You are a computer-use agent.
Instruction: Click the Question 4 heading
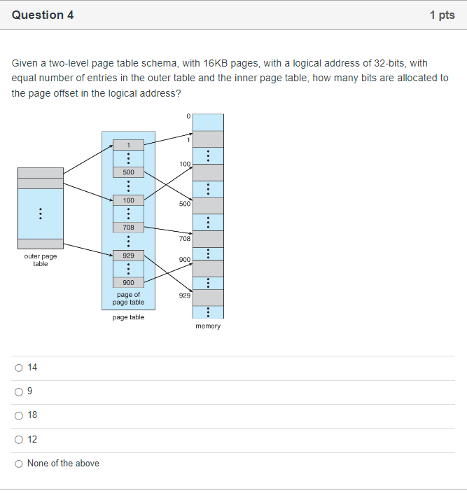(43, 15)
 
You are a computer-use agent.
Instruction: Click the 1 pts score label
(442, 15)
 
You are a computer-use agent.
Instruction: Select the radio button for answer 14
(18, 368)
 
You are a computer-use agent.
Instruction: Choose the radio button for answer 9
(18, 391)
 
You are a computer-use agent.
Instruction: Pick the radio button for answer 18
(18, 415)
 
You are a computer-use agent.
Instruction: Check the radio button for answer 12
(18, 439)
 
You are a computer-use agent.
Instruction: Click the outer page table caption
(41, 260)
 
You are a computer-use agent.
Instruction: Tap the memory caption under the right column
(208, 326)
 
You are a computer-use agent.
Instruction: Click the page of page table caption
(128, 298)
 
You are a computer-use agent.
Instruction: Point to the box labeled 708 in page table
(128, 228)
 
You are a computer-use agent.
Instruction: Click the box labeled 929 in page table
(128, 256)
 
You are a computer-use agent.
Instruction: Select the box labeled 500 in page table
(128, 172)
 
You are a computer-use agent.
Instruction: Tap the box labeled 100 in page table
(128, 200)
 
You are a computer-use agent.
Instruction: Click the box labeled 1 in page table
(128, 144)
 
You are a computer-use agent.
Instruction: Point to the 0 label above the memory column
(188, 117)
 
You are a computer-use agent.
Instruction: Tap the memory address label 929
(184, 296)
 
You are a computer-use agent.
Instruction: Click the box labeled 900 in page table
(128, 282)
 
